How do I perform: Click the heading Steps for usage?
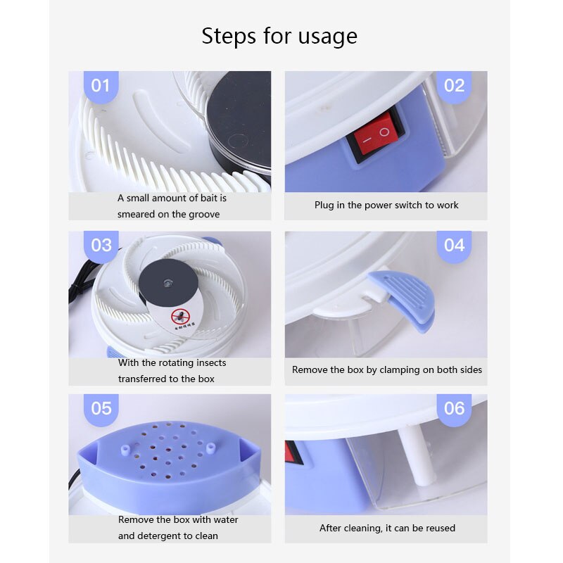tap(279, 36)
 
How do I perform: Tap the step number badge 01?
tap(101, 86)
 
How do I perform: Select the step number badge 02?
tap(455, 86)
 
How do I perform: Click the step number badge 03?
tap(101, 245)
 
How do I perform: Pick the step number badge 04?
tap(455, 245)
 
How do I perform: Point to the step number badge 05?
tap(101, 408)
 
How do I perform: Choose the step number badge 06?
tap(455, 408)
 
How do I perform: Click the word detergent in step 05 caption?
tap(159, 536)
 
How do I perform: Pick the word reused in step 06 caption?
tap(438, 528)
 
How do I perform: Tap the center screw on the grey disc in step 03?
tap(167, 281)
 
